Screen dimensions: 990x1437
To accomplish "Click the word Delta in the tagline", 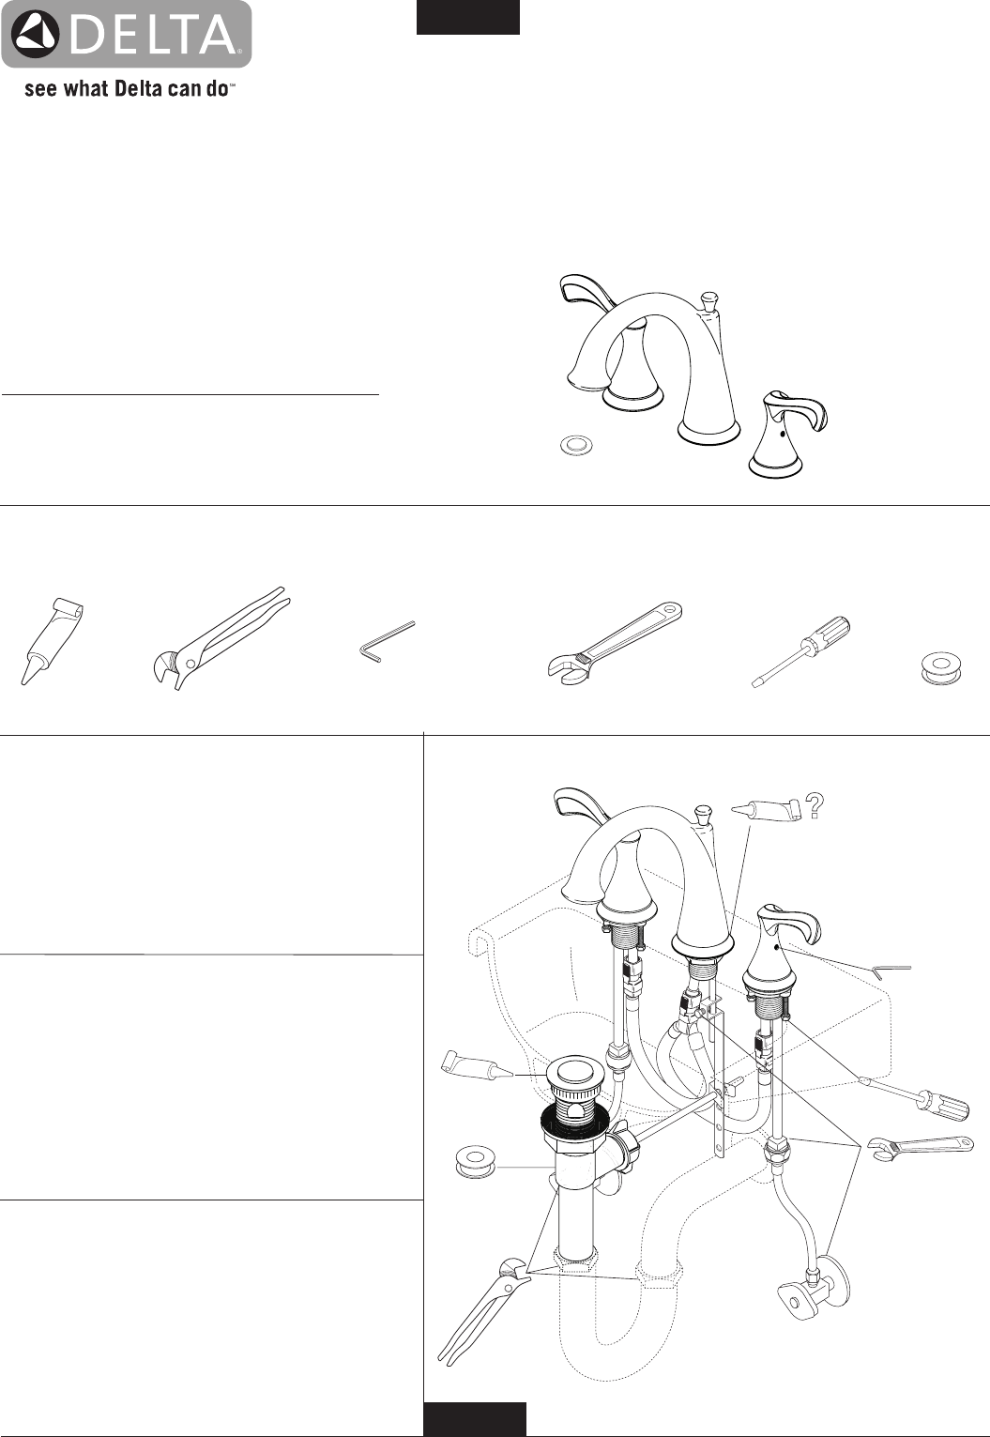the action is click(x=137, y=88).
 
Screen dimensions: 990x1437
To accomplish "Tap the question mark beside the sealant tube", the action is click(x=815, y=806).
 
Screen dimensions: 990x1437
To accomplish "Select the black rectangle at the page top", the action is click(x=468, y=17).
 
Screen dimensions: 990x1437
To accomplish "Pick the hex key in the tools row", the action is click(x=386, y=639).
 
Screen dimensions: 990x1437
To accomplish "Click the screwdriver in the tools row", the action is click(x=800, y=651).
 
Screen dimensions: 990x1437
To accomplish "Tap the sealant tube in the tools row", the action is click(x=52, y=640).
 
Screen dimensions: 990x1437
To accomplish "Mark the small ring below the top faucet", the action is click(x=576, y=445).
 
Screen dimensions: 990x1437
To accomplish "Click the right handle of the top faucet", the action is click(x=786, y=433).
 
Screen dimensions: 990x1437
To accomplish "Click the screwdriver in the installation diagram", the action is click(x=916, y=1097).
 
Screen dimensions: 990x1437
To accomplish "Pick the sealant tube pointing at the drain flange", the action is click(x=478, y=1067).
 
